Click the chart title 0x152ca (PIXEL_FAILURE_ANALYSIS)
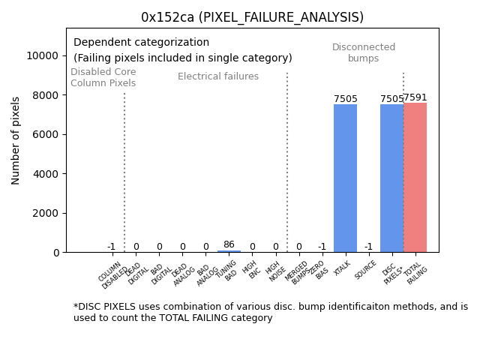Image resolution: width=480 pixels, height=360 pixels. pos(252,17)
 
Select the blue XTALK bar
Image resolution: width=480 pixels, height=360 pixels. pos(345,178)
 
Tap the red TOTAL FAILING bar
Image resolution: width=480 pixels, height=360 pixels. pos(415,178)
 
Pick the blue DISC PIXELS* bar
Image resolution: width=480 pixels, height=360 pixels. pos(391,178)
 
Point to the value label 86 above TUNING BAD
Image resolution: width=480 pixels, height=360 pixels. pos(229,244)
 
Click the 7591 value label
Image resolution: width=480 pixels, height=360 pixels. pos(415,97)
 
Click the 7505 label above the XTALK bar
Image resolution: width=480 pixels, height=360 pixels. pos(345,99)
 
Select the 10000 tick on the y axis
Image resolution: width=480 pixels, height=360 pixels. pos(43,55)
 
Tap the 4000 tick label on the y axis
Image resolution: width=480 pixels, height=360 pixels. pos(46,173)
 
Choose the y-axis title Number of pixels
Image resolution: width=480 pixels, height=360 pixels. pos(16,140)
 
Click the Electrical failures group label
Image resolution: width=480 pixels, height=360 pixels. pos(218,76)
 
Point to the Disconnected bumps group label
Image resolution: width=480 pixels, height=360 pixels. pos(364,53)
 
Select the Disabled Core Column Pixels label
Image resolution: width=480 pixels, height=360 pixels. pos(103,77)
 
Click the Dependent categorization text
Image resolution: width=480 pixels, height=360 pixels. pos(141,42)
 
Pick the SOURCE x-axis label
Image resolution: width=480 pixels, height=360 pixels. pos(366,270)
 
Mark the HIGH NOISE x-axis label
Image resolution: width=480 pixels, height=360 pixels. pos(274,271)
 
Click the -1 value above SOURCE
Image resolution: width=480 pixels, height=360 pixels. pos(368,247)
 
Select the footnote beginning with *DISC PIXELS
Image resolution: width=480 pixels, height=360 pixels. pos(270,312)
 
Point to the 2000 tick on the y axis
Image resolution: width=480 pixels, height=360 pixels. pos(46,213)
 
